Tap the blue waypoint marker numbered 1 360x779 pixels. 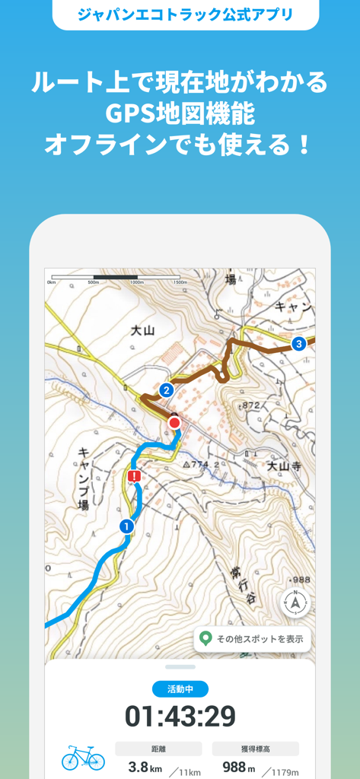pyautogui.click(x=126, y=526)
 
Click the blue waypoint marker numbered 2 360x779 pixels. pyautogui.click(x=166, y=390)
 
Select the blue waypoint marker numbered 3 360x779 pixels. pyautogui.click(x=299, y=344)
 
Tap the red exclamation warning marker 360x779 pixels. pyautogui.click(x=135, y=477)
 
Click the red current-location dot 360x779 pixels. pyautogui.click(x=174, y=422)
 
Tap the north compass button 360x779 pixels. pyautogui.click(x=295, y=603)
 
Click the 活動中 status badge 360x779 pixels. pyautogui.click(x=180, y=689)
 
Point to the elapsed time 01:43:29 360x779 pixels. pyautogui.click(x=180, y=717)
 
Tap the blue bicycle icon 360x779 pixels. pyautogui.click(x=83, y=757)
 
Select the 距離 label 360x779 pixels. pyautogui.click(x=158, y=749)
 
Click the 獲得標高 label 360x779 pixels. pyautogui.click(x=255, y=749)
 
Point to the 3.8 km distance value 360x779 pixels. pyautogui.click(x=143, y=768)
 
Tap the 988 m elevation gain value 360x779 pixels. pyautogui.click(x=238, y=768)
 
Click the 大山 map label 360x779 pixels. pyautogui.click(x=142, y=330)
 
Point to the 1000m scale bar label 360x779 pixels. pyautogui.click(x=137, y=282)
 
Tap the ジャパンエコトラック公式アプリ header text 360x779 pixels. pyautogui.click(x=186, y=14)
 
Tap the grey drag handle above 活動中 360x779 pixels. pyautogui.click(x=180, y=667)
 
